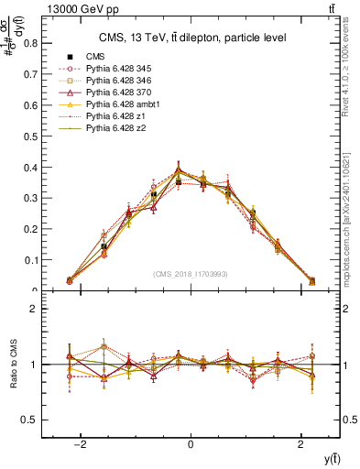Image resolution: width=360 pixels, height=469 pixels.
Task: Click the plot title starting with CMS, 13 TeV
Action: click(190, 38)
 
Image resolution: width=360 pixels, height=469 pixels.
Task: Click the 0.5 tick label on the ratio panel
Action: click(30, 420)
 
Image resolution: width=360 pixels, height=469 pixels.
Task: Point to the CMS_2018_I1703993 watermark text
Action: click(190, 273)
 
